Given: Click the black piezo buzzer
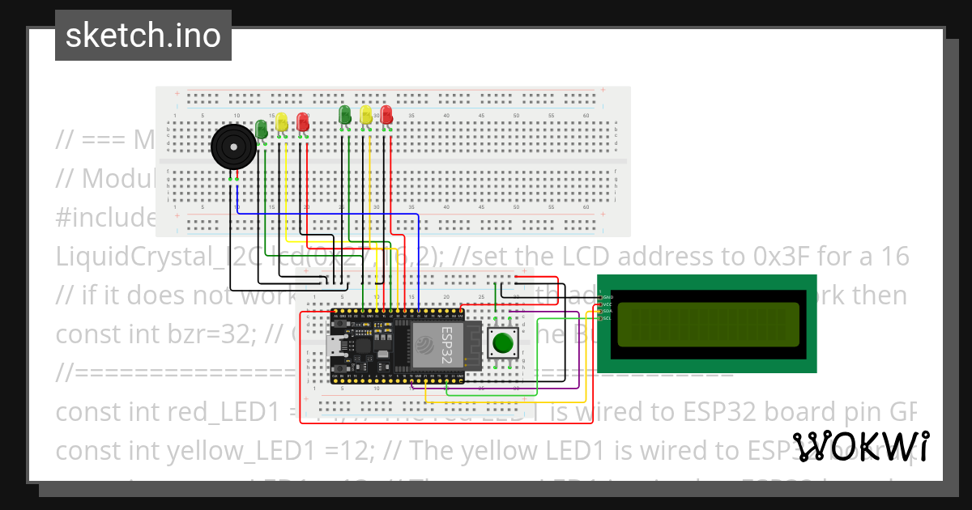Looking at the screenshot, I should click(232, 147).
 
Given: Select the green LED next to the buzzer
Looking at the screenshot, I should click(262, 128).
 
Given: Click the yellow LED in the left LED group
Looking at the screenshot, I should click(282, 122).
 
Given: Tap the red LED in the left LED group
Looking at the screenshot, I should click(302, 122).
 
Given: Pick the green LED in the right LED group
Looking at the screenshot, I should click(345, 114).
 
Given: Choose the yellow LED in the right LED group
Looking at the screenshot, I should click(366, 114).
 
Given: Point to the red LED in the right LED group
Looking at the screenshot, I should click(386, 114).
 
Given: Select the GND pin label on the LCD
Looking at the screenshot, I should click(607, 298).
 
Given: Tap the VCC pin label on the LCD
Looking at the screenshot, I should click(607, 304).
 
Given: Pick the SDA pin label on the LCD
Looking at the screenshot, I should click(607, 311).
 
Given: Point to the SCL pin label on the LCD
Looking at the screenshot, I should click(607, 317).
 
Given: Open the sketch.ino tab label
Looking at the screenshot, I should click(143, 36).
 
